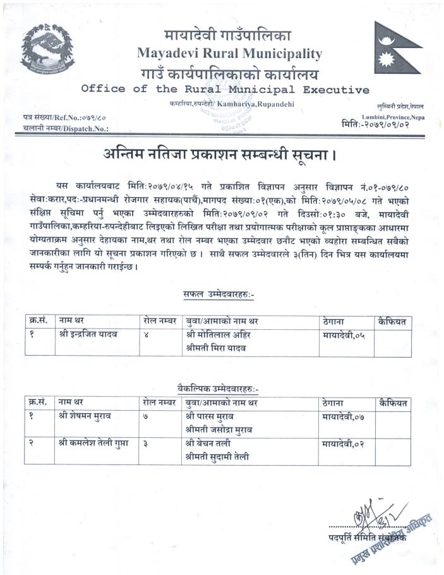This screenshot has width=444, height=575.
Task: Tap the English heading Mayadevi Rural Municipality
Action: coord(229,53)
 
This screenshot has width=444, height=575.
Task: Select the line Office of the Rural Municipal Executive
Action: coord(225,89)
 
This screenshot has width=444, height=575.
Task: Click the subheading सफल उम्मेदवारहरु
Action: coord(219,294)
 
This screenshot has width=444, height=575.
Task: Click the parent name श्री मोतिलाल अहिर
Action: coord(219,335)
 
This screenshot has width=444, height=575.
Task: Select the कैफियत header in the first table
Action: coord(392,322)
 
